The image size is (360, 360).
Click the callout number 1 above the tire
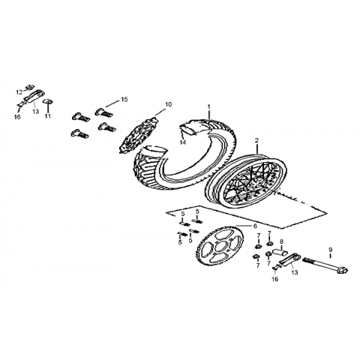209,106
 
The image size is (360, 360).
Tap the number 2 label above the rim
256,140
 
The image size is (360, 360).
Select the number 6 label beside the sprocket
255,226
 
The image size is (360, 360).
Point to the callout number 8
281,241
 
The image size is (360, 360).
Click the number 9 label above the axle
331,250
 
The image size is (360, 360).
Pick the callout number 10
169,104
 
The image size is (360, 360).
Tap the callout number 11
47,116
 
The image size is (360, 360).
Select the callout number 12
19,92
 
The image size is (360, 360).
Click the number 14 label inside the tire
183,142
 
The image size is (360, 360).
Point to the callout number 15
124,99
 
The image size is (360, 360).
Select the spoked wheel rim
246,182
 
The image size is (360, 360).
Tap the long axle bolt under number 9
325,265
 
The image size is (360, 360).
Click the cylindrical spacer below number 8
281,251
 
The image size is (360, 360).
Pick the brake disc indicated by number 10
138,134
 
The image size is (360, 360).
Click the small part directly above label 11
48,101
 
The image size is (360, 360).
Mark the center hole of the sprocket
219,247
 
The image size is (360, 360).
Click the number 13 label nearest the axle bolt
295,272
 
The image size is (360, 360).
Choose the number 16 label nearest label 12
17,117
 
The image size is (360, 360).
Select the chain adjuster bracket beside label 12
33,97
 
